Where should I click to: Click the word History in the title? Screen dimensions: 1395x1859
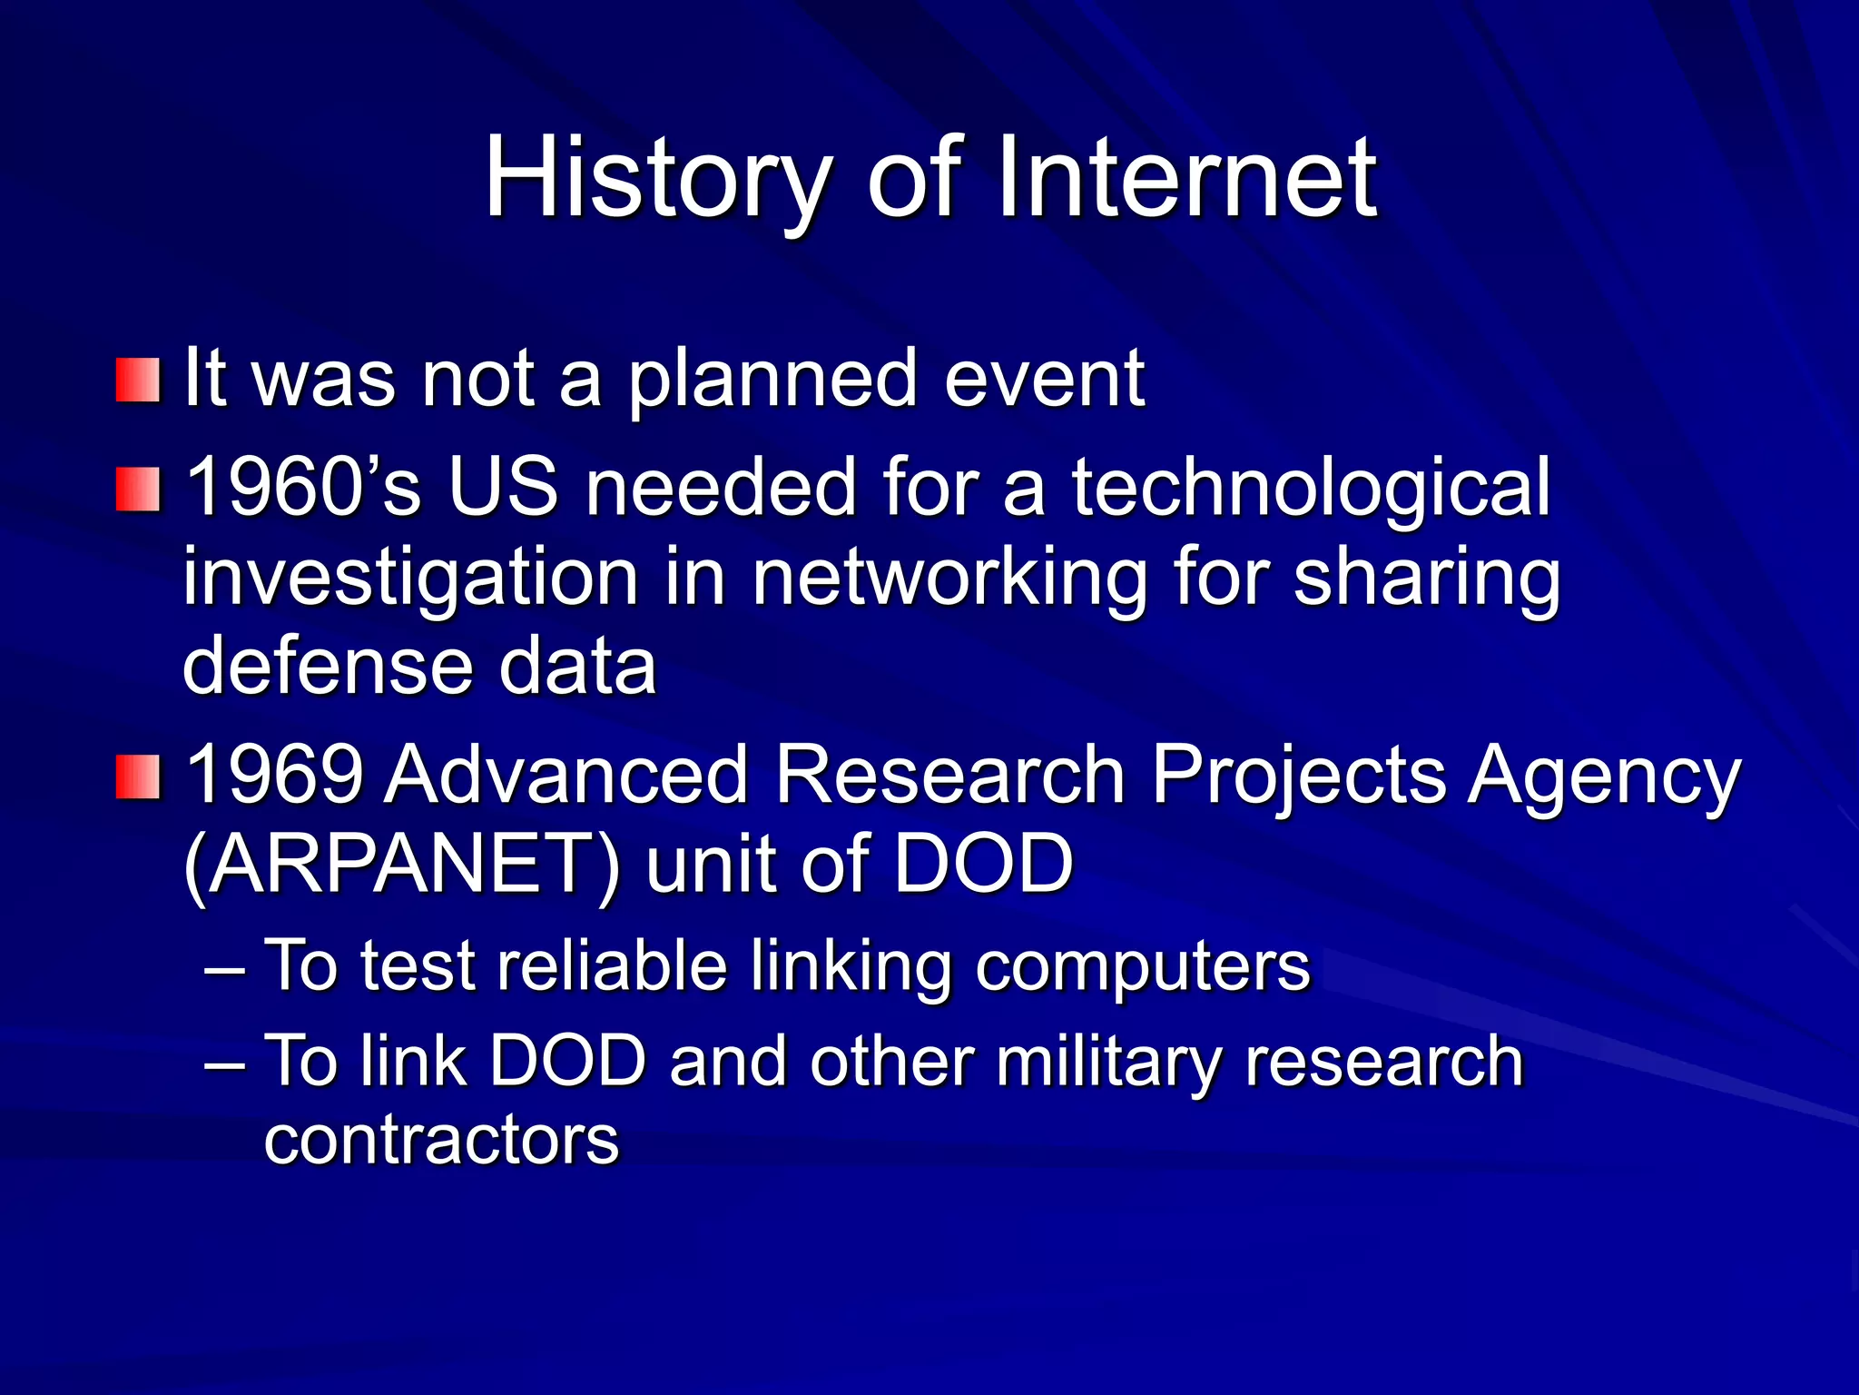tap(657, 179)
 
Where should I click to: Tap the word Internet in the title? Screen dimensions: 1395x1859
tap(1186, 179)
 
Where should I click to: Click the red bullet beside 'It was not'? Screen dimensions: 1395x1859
tap(138, 380)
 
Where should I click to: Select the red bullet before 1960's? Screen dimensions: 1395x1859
tap(138, 489)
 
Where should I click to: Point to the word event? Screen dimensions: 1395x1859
tap(1044, 380)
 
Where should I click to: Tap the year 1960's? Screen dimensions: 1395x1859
tap(303, 489)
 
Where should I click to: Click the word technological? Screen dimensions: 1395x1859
tap(1311, 489)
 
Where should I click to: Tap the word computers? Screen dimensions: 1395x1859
tap(1143, 966)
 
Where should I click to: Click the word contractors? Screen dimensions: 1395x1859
tap(441, 1140)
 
